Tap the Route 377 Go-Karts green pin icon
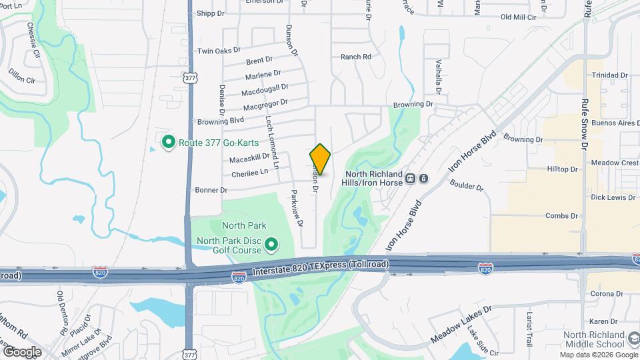pyautogui.click(x=169, y=141)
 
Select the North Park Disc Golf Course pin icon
pyautogui.click(x=271, y=245)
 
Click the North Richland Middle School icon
pyautogui.click(x=634, y=340)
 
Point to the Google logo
pyautogui.click(x=22, y=351)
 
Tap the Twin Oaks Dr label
pyautogui.click(x=219, y=51)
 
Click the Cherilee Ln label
pyautogui.click(x=249, y=173)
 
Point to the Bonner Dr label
pyautogui.click(x=211, y=190)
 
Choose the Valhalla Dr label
pyautogui.click(x=439, y=78)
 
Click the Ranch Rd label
pyautogui.click(x=355, y=57)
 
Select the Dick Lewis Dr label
pyautogui.click(x=613, y=197)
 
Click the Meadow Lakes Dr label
pyautogui.click(x=461, y=325)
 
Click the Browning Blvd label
pyautogui.click(x=221, y=122)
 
